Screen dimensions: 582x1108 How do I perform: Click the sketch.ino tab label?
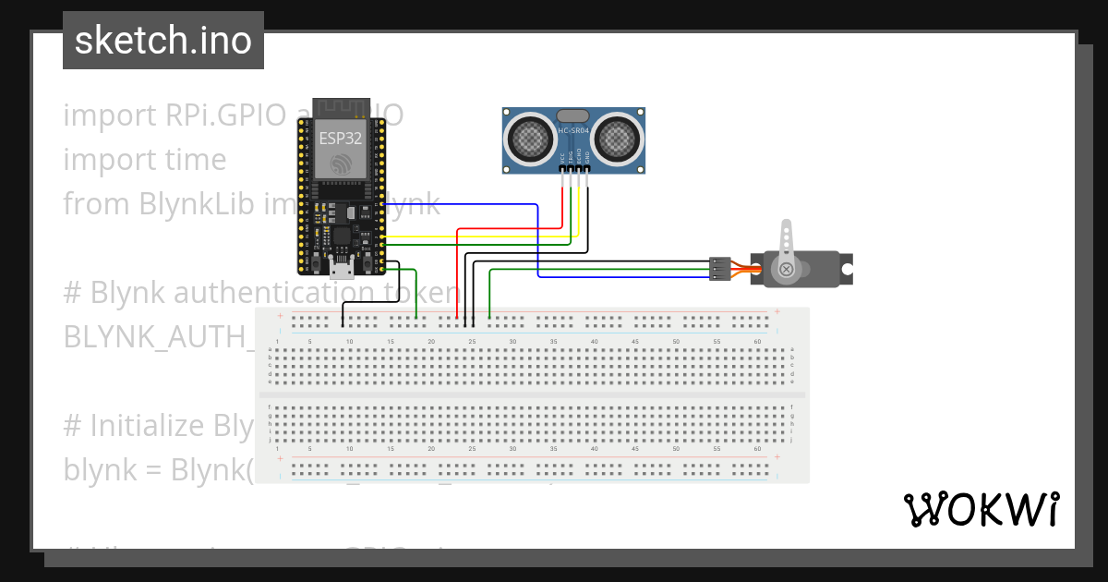tap(163, 41)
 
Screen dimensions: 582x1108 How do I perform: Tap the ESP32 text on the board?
tap(341, 139)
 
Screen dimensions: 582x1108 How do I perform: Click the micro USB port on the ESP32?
tap(342, 269)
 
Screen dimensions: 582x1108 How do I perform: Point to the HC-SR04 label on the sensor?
tap(573, 131)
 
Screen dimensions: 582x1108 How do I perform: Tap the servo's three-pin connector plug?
tap(719, 269)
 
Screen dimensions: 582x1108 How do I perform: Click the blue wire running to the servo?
tap(537, 240)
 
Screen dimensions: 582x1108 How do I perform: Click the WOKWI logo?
tap(981, 509)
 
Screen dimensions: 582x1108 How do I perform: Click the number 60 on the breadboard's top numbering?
tap(757, 342)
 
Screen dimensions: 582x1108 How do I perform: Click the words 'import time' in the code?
tap(144, 160)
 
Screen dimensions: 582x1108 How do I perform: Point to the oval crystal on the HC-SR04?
tap(572, 116)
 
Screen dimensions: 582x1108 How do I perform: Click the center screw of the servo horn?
tap(786, 270)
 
